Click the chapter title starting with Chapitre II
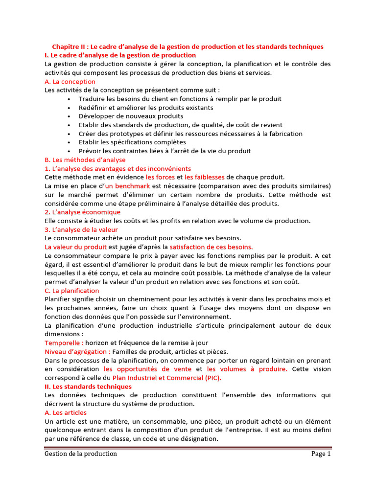(x=188, y=46)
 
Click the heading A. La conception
(x=70, y=82)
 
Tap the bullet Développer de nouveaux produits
(x=131, y=116)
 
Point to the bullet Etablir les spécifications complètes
(x=132, y=142)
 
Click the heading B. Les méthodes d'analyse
(x=85, y=160)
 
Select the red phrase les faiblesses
(x=204, y=177)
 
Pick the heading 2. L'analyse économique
(x=82, y=212)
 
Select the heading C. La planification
(x=71, y=291)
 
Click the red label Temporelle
(x=64, y=343)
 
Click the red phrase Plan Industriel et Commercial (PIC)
(x=167, y=378)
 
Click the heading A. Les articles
(x=66, y=413)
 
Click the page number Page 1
(x=321, y=454)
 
